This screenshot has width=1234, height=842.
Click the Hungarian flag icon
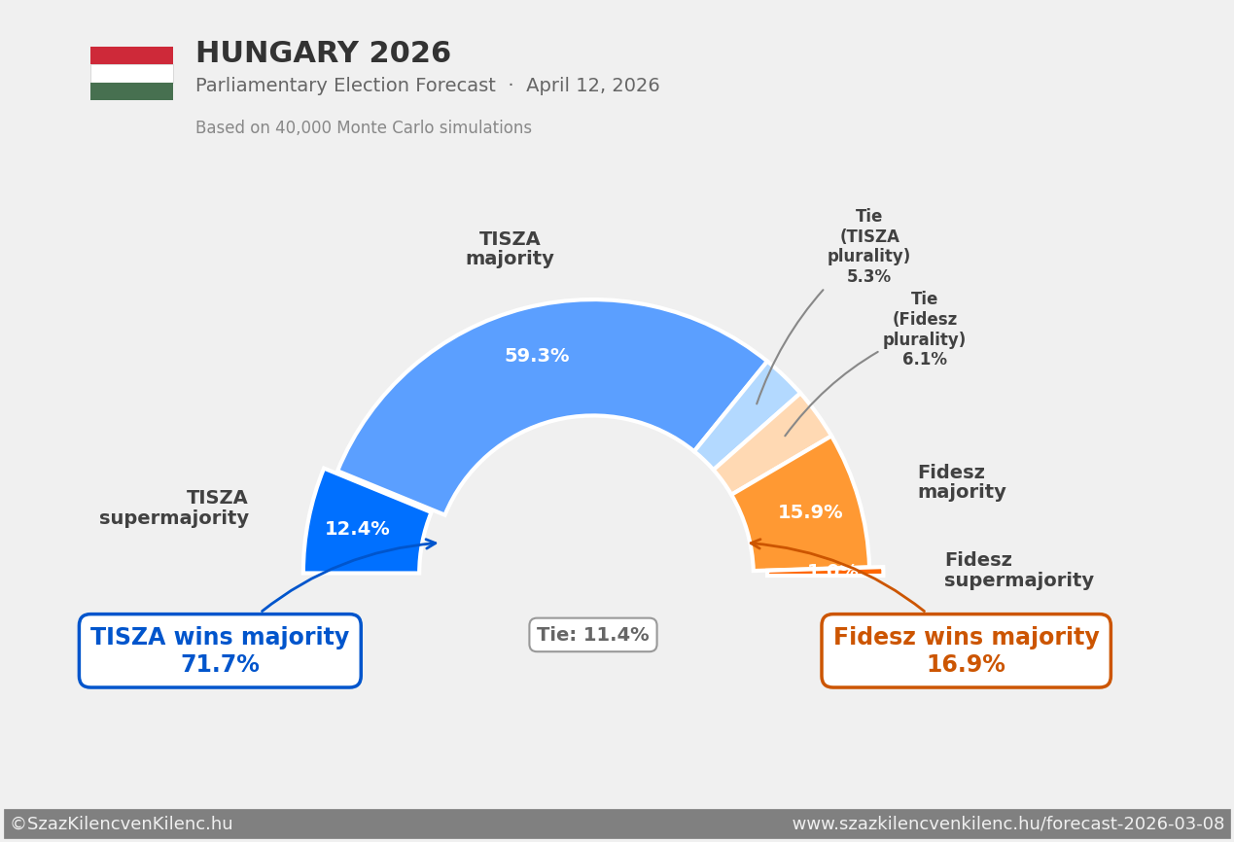131,73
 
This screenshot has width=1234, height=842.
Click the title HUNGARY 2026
323,53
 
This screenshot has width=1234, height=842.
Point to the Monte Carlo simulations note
363,128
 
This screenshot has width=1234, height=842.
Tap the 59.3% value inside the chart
537,357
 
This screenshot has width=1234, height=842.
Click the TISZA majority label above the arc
510,250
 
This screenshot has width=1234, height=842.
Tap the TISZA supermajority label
174,509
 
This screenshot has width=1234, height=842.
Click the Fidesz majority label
961,482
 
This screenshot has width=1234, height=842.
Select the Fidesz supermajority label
1018,571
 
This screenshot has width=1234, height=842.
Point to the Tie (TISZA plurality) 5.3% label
868,247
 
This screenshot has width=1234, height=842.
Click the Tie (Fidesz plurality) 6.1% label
924,330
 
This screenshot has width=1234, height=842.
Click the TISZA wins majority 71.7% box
220,650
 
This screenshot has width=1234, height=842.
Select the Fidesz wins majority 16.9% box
966,650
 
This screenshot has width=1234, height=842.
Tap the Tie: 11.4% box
592,635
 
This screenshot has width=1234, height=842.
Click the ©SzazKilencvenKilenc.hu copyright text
122,824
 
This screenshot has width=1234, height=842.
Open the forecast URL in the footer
1007,824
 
